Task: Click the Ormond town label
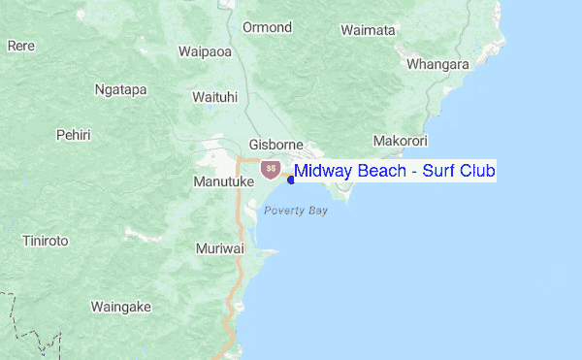(x=267, y=27)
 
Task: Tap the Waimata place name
(x=368, y=30)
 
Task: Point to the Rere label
(x=21, y=45)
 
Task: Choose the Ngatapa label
(x=120, y=89)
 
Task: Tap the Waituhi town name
(x=215, y=97)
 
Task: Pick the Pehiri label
(x=74, y=134)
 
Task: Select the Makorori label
(x=400, y=140)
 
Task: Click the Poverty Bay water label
(x=296, y=210)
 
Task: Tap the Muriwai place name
(x=219, y=248)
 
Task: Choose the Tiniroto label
(x=47, y=241)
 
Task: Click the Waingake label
(x=121, y=307)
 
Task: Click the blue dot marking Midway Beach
(x=291, y=179)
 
